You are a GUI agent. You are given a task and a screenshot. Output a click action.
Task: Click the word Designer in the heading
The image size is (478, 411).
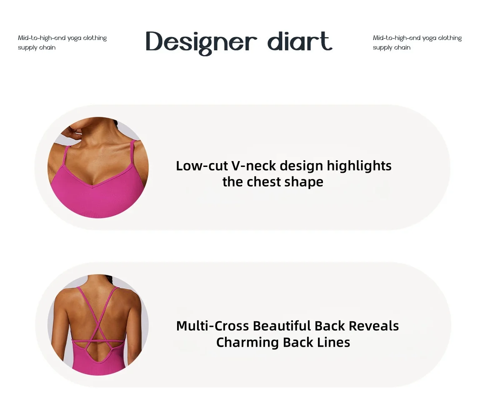(201, 43)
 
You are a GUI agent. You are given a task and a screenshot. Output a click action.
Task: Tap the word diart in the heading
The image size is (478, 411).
(300, 41)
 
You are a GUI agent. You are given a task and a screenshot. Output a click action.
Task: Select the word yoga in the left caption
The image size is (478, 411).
(74, 38)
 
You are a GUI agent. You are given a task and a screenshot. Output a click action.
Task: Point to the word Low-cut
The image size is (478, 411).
(202, 166)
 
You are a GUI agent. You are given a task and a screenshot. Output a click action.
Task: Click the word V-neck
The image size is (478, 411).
(254, 166)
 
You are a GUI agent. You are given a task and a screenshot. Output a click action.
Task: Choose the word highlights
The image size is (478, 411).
(359, 166)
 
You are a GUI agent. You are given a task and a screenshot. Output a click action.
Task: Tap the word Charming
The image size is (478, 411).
(248, 343)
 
